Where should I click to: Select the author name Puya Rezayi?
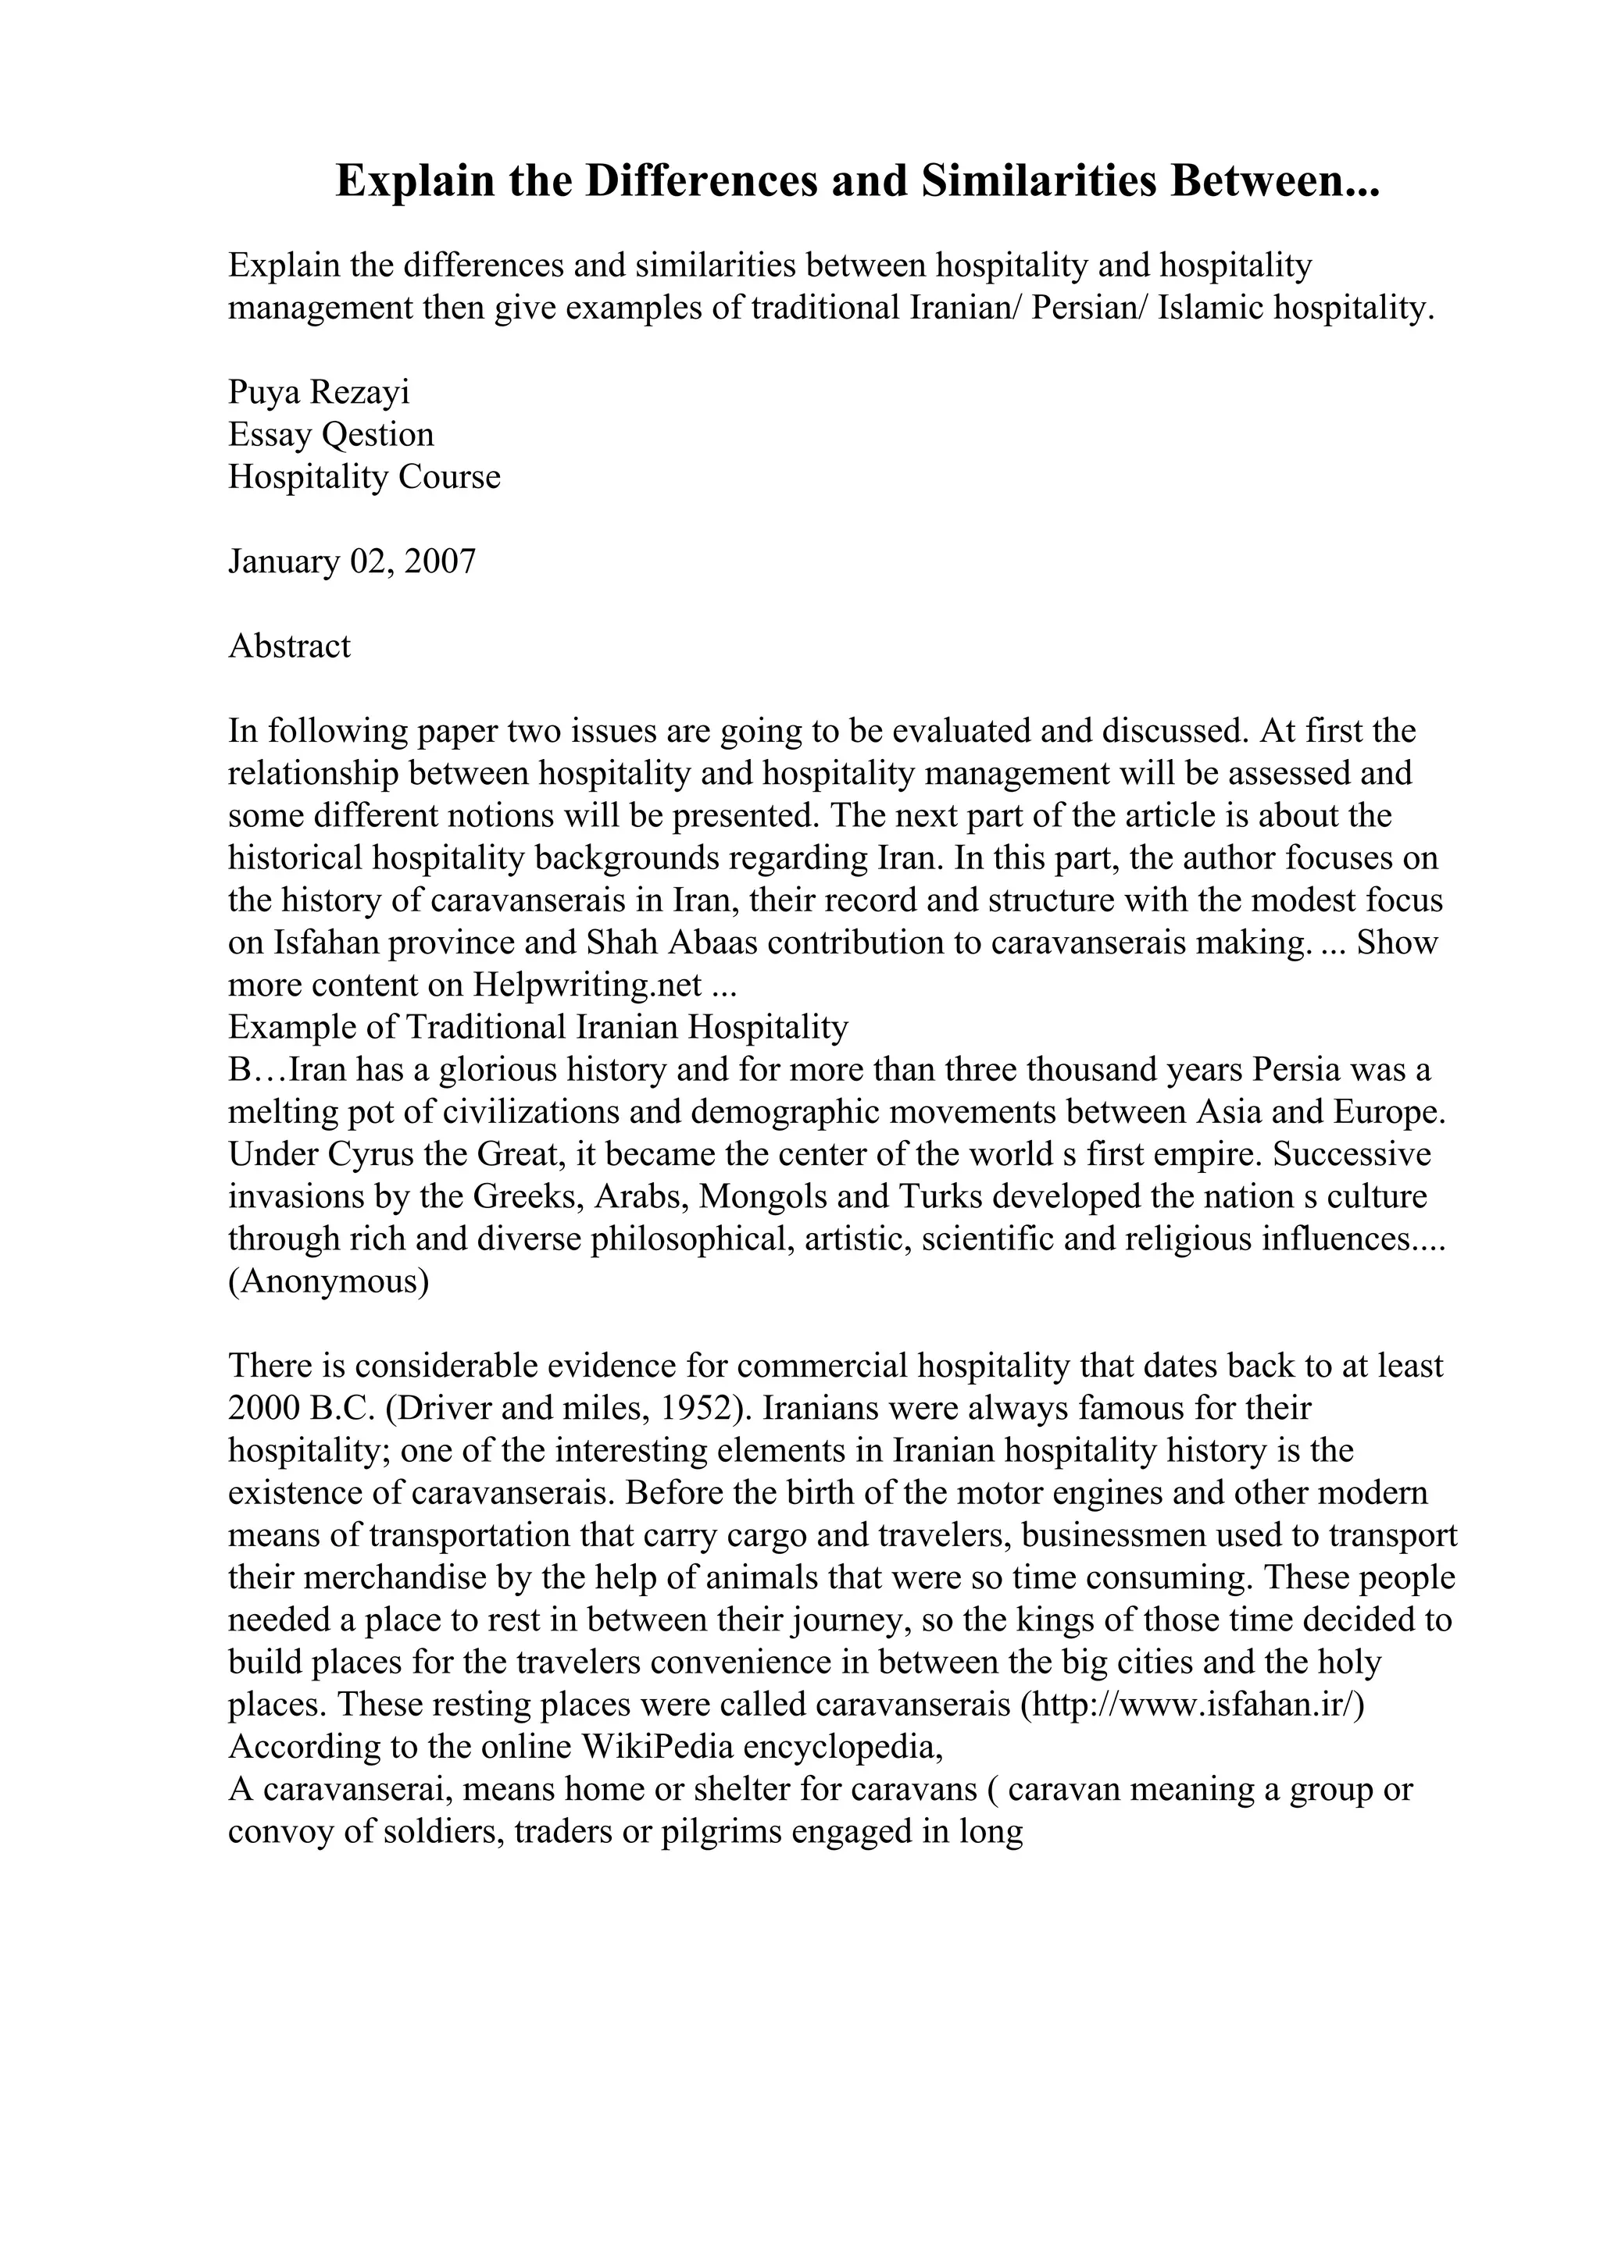point(319,392)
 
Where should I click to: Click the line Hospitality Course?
point(364,477)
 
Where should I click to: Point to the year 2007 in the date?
point(440,561)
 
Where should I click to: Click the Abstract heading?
point(289,647)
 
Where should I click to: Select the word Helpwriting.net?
point(587,985)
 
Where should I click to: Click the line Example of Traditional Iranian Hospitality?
point(537,1027)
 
